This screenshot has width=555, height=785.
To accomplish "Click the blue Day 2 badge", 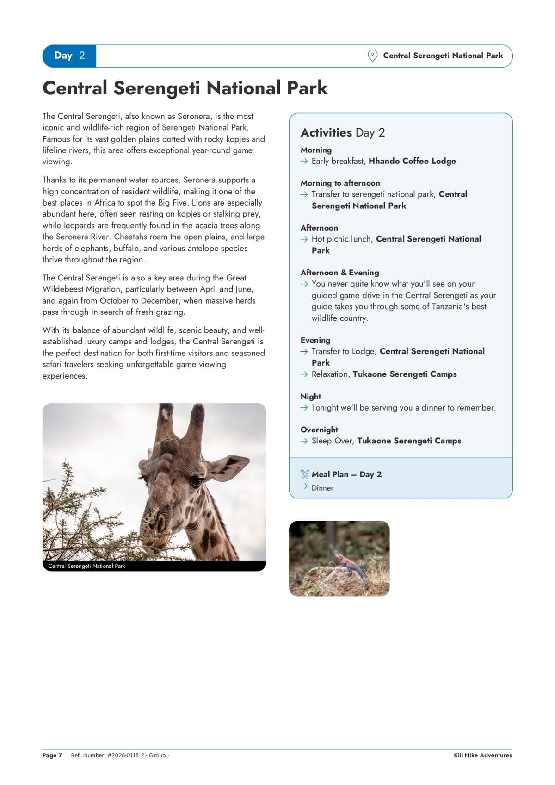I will pyautogui.click(x=69, y=56).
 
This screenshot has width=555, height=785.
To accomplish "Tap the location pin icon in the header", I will pyautogui.click(x=372, y=56).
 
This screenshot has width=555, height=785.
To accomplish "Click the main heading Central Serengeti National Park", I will pyautogui.click(x=185, y=88).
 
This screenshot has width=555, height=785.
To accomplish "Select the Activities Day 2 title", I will pyautogui.click(x=342, y=133).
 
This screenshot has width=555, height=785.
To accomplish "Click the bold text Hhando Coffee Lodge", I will pyautogui.click(x=412, y=161).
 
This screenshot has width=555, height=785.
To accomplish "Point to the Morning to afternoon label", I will pyautogui.click(x=340, y=183).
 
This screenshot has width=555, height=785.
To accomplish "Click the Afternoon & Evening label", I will pyautogui.click(x=339, y=273).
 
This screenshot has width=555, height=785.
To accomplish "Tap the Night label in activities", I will pyautogui.click(x=310, y=397).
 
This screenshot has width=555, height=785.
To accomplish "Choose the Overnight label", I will pyautogui.click(x=319, y=430).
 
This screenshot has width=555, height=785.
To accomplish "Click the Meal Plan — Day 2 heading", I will pyautogui.click(x=346, y=474).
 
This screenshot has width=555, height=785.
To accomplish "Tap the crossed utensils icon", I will pyautogui.click(x=304, y=474).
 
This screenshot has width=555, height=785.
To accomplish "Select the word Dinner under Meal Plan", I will pyautogui.click(x=322, y=488).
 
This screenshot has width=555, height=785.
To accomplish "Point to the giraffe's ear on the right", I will pyautogui.click(x=229, y=467).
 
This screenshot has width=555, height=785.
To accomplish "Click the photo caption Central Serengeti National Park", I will pyautogui.click(x=86, y=566).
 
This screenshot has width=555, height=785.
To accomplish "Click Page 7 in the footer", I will pyautogui.click(x=52, y=755).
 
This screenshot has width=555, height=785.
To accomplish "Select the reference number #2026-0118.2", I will pyautogui.click(x=126, y=755).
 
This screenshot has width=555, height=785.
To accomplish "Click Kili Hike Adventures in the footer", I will pyautogui.click(x=483, y=755).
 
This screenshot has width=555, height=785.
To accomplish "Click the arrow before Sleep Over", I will pyautogui.click(x=304, y=441).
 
